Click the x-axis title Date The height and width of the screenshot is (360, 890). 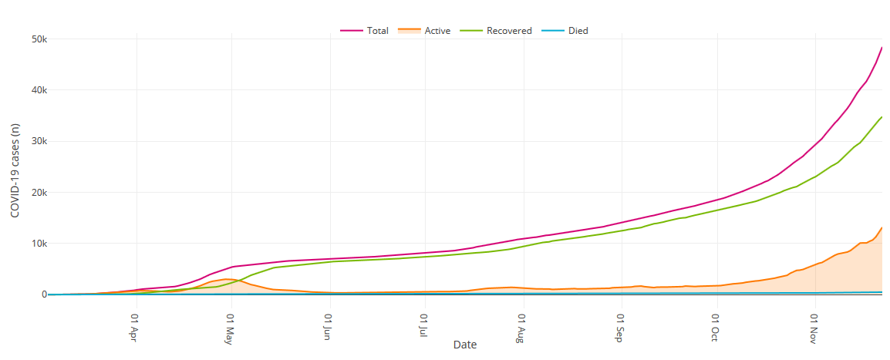click(465, 345)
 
